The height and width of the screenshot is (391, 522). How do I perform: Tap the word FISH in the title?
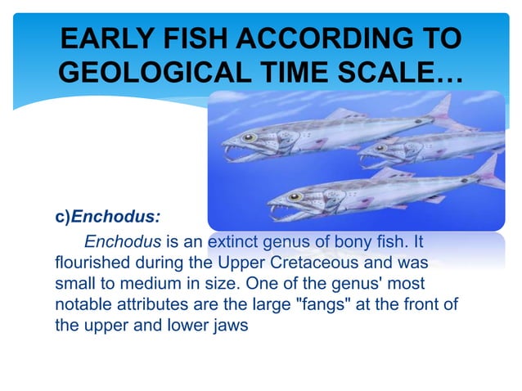coord(201,38)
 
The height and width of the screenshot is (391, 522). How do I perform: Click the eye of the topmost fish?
coord(249,137)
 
